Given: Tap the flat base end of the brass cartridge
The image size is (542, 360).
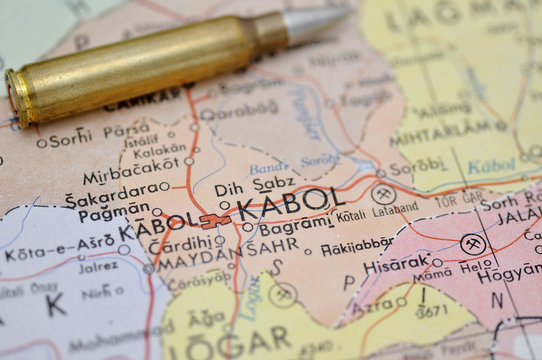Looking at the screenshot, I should point(17,97).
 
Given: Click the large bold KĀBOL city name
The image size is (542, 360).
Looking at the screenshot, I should point(290,204).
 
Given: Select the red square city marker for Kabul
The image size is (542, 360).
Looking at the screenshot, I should point(213,221).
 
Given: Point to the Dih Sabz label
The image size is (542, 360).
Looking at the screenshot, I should point(255,185).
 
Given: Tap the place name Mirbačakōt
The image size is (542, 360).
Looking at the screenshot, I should point(131,177).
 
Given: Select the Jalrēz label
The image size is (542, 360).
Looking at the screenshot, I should point(98,267).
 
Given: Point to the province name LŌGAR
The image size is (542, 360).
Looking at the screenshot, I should point(230,341).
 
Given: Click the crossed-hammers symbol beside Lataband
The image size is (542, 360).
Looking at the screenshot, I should point(383,194).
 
